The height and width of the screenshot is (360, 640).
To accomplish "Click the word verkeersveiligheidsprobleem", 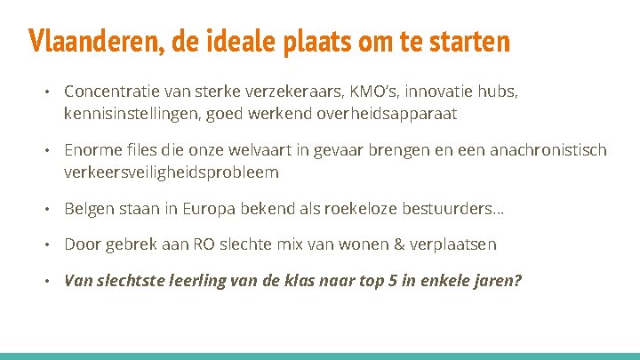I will point(172,171).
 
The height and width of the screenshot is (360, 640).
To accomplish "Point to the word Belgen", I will point(89,208).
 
